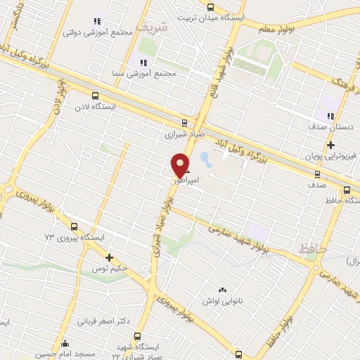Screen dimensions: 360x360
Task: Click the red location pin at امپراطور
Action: coord(181,165)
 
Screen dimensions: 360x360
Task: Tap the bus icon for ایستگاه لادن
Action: coord(95,96)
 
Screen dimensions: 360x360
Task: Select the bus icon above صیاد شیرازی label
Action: coord(184,122)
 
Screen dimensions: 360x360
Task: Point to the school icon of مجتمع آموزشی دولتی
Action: coord(97,22)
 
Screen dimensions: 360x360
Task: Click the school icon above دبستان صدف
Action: coord(329,117)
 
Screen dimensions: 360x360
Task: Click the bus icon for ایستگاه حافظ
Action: coord(347,190)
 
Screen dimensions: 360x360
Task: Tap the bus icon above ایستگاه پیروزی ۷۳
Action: coord(74,226)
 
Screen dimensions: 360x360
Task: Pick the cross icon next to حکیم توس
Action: coord(109,257)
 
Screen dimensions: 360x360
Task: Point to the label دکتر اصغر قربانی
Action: coord(103,321)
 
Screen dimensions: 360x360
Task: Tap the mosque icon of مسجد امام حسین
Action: coord(65,343)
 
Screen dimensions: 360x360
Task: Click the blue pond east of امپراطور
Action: coord(205,159)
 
